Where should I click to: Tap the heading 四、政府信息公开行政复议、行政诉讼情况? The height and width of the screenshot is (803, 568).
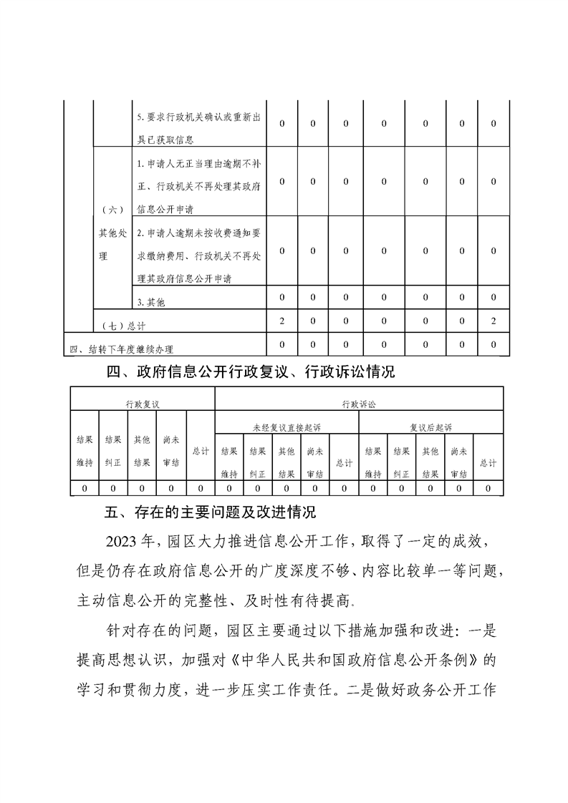[250, 372]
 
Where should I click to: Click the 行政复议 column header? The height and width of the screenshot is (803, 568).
[142, 404]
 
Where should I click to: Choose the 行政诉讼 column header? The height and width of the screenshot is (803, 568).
[358, 404]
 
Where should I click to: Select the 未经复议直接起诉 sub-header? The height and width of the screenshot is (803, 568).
[287, 427]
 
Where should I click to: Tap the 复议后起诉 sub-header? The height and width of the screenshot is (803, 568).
[430, 427]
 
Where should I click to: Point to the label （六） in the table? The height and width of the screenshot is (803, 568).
[112, 210]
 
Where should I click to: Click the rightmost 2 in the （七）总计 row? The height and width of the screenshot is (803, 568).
[494, 321]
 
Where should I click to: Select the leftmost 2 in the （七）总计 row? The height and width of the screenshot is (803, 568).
[282, 321]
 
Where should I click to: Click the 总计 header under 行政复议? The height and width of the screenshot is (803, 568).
[201, 451]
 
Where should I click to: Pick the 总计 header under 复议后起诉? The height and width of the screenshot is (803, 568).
[488, 462]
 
